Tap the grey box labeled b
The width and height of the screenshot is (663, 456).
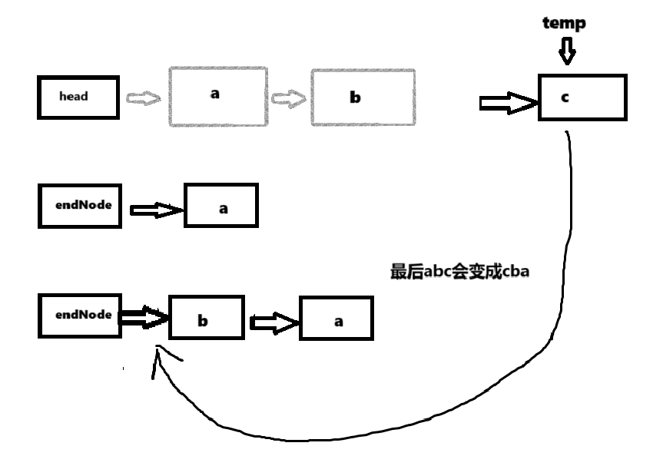pyautogui.click(x=363, y=97)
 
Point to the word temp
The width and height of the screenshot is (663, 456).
pyautogui.click(x=565, y=24)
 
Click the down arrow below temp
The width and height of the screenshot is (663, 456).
pyautogui.click(x=566, y=52)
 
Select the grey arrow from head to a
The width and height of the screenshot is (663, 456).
pyautogui.click(x=142, y=99)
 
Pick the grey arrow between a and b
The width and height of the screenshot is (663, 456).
pyautogui.click(x=289, y=99)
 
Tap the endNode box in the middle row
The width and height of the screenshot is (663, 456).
pyautogui.click(x=79, y=205)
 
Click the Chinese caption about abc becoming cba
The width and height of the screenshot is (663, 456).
pyautogui.click(x=460, y=273)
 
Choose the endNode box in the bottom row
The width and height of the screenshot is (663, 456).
pyautogui.click(x=79, y=315)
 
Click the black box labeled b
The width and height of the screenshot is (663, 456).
pyautogui.click(x=201, y=318)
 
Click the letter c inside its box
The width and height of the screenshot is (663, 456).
pyautogui.click(x=565, y=98)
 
